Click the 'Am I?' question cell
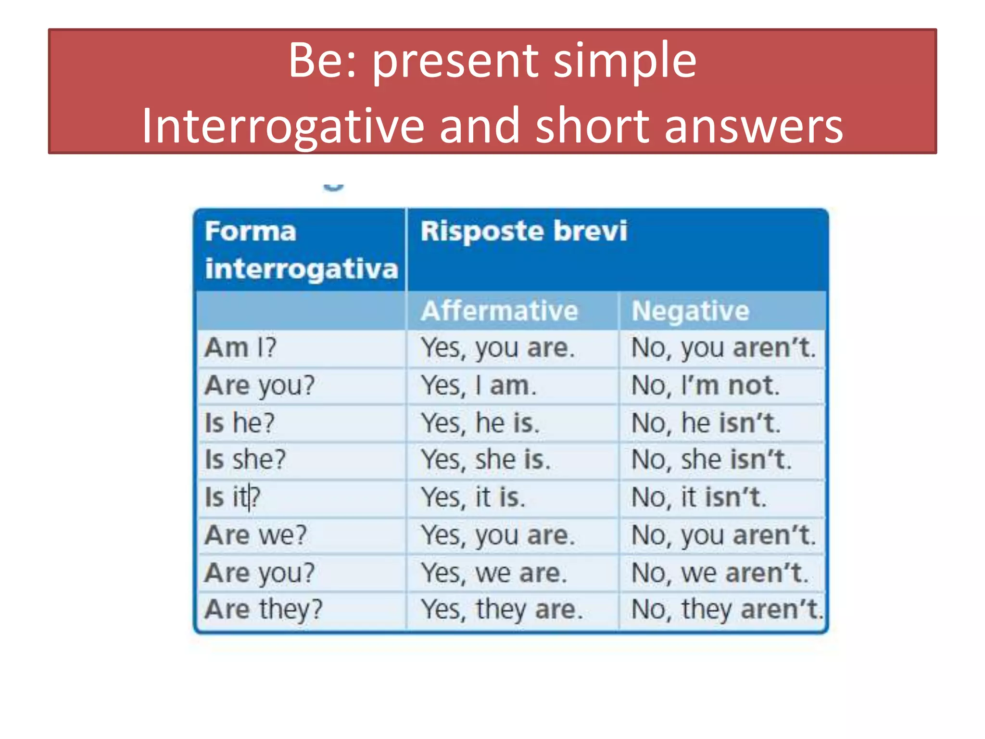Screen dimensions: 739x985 tap(240, 347)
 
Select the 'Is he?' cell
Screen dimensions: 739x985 tap(240, 423)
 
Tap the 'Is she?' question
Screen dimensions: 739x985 tap(245, 459)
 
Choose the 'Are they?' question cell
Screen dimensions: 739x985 tap(264, 610)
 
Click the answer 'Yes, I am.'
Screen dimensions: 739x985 tap(479, 385)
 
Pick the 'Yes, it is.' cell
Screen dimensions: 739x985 tap(473, 497)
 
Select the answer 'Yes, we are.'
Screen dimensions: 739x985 tap(494, 573)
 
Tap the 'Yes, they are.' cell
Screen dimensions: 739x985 tap(502, 610)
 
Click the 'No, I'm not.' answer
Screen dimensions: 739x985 tap(705, 385)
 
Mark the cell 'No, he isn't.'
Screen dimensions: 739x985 tap(706, 423)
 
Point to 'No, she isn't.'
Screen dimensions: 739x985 tap(711, 459)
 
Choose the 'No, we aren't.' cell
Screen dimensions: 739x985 tap(720, 573)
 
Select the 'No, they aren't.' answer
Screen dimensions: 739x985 tap(727, 610)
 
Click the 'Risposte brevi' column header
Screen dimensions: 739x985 tap(524, 231)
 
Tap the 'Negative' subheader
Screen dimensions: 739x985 tap(690, 311)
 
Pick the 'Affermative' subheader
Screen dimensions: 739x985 tap(499, 311)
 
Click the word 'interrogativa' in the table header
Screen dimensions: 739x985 tap(302, 268)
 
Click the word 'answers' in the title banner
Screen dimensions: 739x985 tap(754, 126)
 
